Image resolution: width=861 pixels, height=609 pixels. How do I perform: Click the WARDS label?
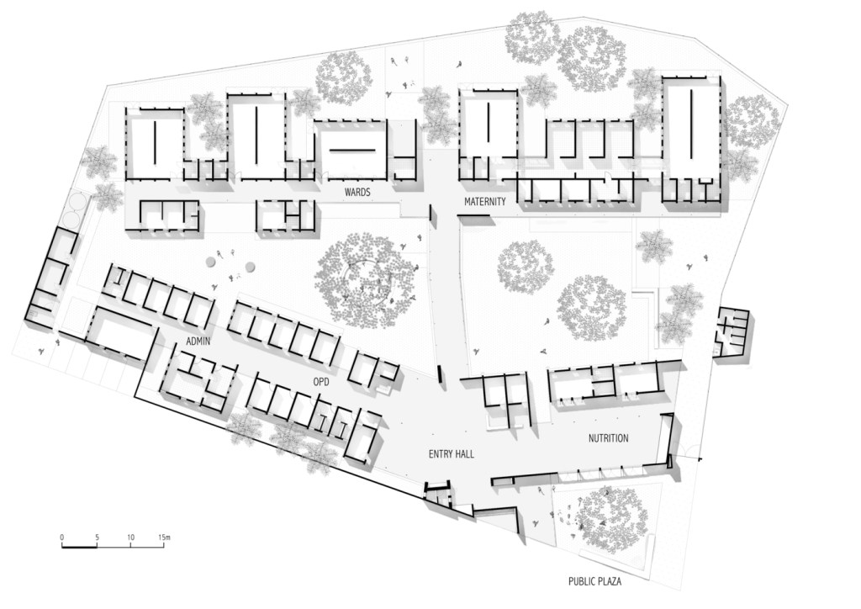click(357, 192)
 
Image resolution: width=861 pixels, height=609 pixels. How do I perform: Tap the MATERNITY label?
click(485, 202)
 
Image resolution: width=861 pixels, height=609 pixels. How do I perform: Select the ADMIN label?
click(198, 342)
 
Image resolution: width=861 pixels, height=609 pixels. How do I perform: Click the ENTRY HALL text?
click(451, 454)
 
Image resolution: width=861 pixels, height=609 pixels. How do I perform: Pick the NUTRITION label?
click(609, 438)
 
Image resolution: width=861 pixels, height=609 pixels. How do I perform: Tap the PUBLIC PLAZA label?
click(594, 581)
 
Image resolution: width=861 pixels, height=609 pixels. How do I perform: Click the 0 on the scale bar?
click(62, 537)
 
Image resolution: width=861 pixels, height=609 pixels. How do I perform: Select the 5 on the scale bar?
click(97, 537)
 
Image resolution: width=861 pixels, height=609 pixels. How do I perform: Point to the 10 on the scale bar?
click(130, 537)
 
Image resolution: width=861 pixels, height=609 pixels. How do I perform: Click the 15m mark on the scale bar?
click(164, 537)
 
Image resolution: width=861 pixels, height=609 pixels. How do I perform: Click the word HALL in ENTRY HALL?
click(463, 454)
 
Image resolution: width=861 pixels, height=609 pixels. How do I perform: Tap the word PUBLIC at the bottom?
click(580, 581)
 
